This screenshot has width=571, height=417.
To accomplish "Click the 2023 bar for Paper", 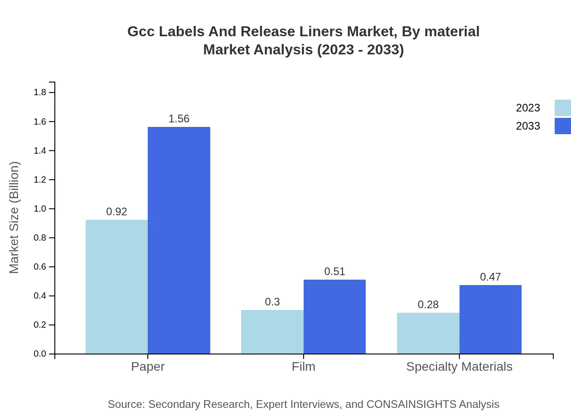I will pyautogui.click(x=116, y=286).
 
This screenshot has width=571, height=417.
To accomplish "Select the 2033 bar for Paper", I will pyautogui.click(x=179, y=240).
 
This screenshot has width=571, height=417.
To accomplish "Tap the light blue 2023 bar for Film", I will pyautogui.click(x=272, y=332).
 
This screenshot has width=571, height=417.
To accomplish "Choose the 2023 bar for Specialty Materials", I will pyautogui.click(x=428, y=333).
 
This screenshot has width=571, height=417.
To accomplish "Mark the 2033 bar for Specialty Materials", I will pyautogui.click(x=490, y=319).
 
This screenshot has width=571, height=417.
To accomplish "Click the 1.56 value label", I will pyautogui.click(x=179, y=119).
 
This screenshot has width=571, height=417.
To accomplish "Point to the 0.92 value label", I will pyautogui.click(x=116, y=212).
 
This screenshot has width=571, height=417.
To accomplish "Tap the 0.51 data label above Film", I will pyautogui.click(x=334, y=272).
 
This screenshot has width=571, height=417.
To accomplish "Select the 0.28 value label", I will pyautogui.click(x=428, y=305).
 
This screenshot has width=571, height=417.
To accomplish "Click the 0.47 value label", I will pyautogui.click(x=490, y=277).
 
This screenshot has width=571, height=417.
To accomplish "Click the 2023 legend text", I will pyautogui.click(x=528, y=108).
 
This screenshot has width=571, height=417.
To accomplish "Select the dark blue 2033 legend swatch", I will pyautogui.click(x=562, y=126).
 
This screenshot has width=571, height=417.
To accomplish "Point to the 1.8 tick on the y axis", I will pyautogui.click(x=40, y=92).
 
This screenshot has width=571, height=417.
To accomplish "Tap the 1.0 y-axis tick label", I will pyautogui.click(x=40, y=208).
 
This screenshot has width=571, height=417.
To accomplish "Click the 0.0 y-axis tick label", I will pyautogui.click(x=40, y=354).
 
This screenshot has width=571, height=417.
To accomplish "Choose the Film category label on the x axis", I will pyautogui.click(x=304, y=366).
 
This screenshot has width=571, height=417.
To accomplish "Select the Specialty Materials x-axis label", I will pyautogui.click(x=459, y=366).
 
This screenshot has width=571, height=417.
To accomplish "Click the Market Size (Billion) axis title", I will pyautogui.click(x=15, y=218).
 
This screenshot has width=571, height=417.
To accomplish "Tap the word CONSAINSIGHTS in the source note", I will pyautogui.click(x=411, y=404).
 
